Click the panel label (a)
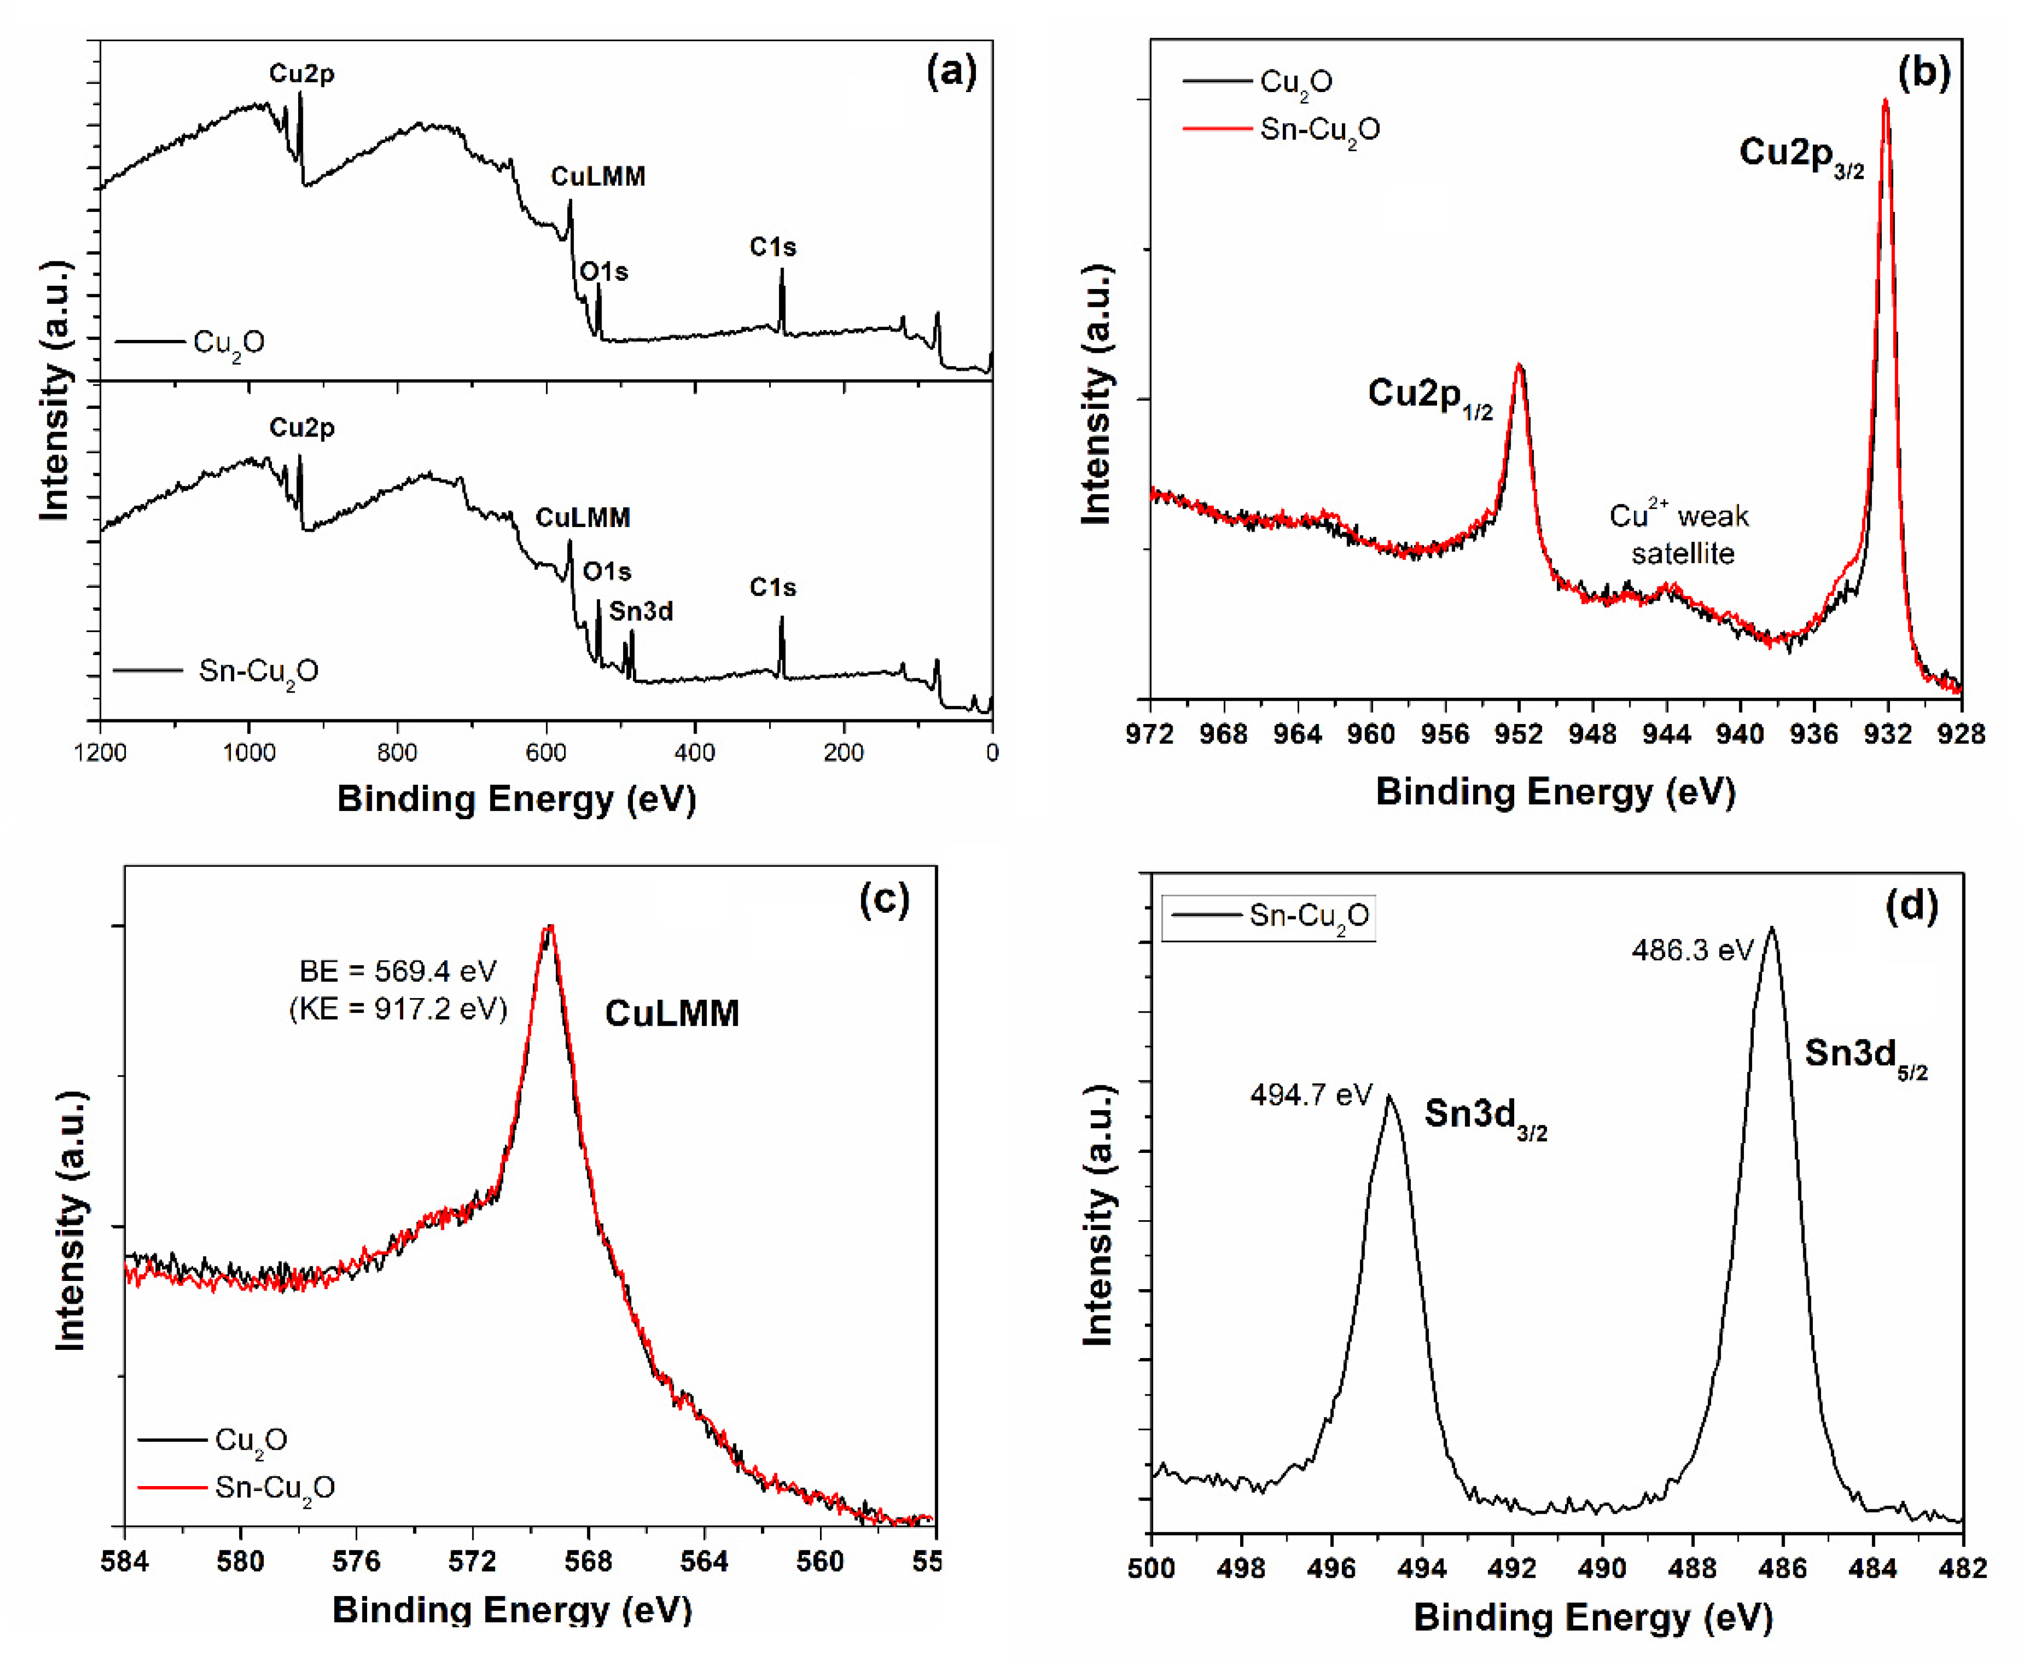pos(951,72)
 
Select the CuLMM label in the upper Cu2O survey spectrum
pos(598,176)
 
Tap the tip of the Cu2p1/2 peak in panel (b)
pos(1519,365)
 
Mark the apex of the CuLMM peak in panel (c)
pos(549,927)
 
